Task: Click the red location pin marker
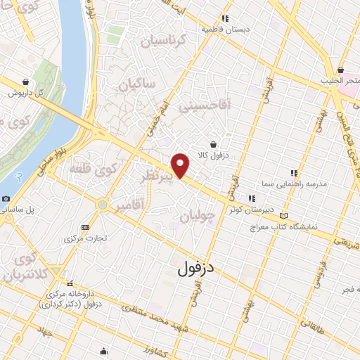(181, 165)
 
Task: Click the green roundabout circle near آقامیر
(103, 205)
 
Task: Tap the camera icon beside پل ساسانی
(6, 199)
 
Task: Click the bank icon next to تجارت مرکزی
(86, 227)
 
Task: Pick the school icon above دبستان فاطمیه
(225, 19)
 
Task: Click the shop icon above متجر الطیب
(340, 70)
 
